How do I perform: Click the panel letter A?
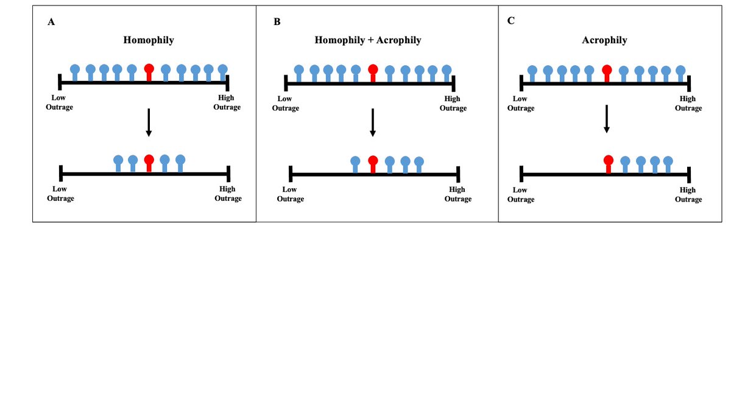coord(51,22)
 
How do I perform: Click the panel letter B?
coord(277,22)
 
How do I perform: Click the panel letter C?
coord(510,21)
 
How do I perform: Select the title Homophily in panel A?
coord(149,40)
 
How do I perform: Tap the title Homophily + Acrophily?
coord(367,40)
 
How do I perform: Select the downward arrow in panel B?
coord(373,123)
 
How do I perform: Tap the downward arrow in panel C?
coord(607,119)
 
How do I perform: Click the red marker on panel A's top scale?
coord(149,72)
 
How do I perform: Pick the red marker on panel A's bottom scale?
coord(149,163)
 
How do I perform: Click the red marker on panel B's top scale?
coord(373,72)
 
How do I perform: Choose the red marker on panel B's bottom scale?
coord(373,163)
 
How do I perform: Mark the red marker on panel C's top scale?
coord(607,72)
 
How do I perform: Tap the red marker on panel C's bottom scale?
coord(608,163)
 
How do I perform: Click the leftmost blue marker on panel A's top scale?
coord(75,72)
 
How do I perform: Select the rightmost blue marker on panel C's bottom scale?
coord(668,163)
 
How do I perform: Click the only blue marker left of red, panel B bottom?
coord(356,163)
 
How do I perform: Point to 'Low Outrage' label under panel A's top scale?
coord(60,102)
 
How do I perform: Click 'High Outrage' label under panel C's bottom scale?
coord(688,194)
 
